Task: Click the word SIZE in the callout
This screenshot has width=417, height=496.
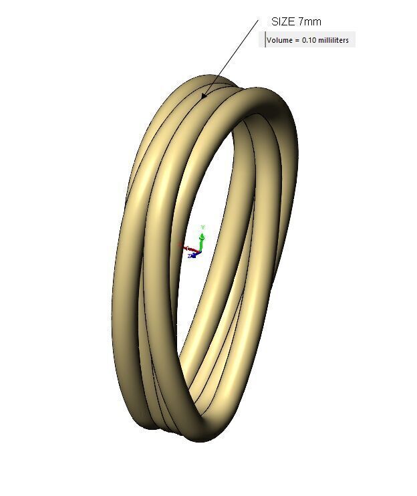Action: [x=283, y=22]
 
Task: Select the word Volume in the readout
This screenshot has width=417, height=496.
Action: [x=279, y=40]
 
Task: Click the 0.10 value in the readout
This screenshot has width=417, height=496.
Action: [x=309, y=40]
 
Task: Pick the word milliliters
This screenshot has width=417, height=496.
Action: [x=333, y=40]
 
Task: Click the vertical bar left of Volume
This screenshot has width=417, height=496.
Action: [x=265, y=39]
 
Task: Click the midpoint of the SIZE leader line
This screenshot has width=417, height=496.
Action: [x=230, y=59]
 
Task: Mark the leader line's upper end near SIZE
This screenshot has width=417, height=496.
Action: [x=257, y=21]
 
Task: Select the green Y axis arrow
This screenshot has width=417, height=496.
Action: [x=202, y=237]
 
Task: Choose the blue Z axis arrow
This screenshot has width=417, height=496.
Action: [x=194, y=254]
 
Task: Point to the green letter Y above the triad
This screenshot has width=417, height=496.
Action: [x=202, y=227]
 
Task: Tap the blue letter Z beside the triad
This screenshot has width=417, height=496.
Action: [x=189, y=255]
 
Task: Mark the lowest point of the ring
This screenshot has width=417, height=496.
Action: [x=200, y=441]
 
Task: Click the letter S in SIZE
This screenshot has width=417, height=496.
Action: [x=274, y=22]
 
